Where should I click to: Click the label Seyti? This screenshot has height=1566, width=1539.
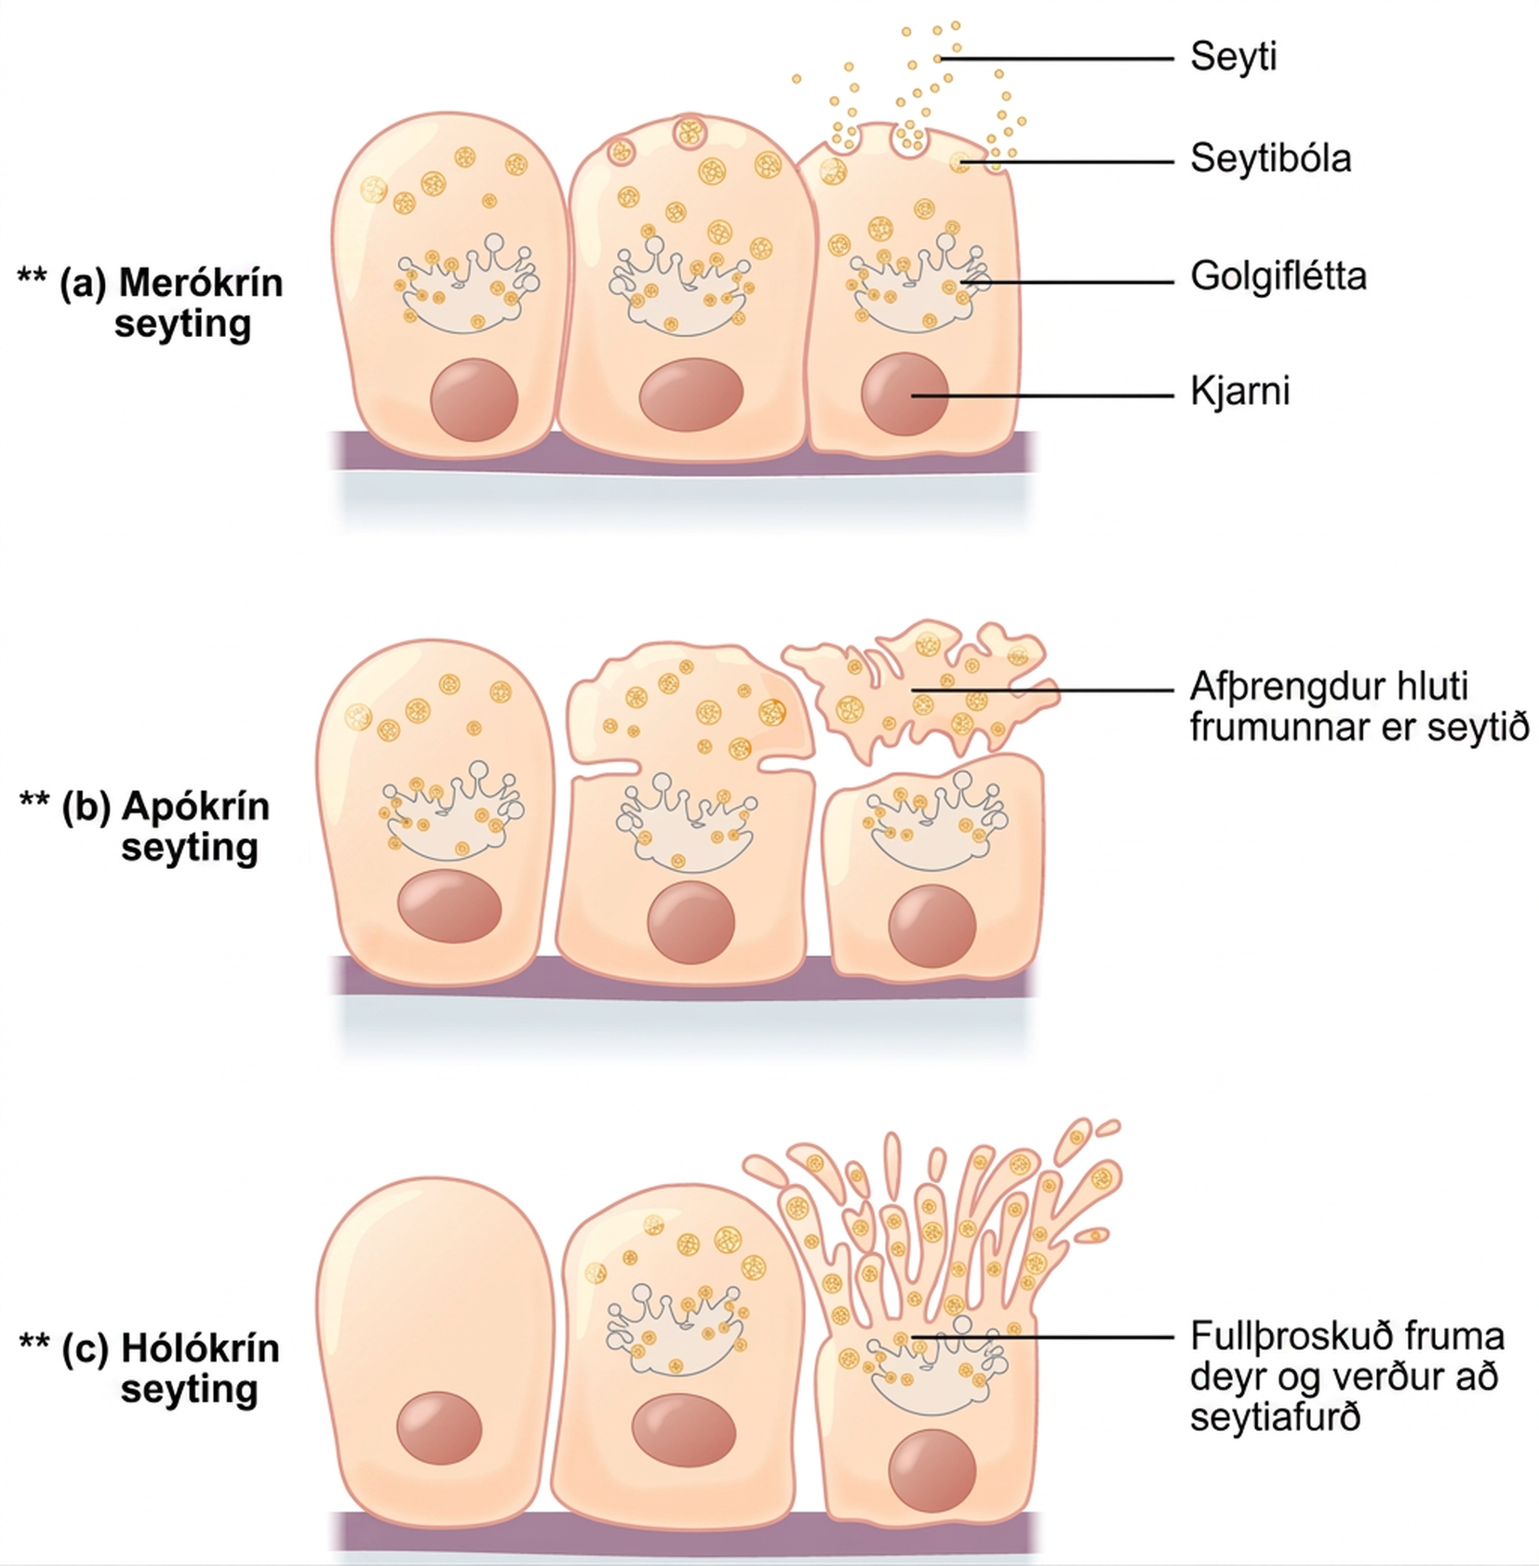pos(1233,57)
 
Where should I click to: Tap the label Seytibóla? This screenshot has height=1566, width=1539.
pos(1270,158)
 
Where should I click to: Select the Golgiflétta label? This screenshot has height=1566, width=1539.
pos(1278,276)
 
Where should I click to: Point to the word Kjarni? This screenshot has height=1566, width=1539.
pos(1239,392)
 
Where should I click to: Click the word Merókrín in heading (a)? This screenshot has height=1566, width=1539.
pos(200,282)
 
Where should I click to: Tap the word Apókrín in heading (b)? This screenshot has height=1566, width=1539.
pos(194,806)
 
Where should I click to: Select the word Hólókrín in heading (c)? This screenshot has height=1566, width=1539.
pos(200,1348)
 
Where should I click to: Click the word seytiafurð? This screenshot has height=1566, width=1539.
pos(1275,1418)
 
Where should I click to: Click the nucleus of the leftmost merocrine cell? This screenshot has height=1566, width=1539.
pos(474,399)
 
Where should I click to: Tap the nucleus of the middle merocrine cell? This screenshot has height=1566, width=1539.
pos(690,395)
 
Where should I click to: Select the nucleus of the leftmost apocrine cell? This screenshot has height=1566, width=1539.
pos(449,906)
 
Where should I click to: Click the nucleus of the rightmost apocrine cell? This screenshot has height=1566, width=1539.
pos(932,926)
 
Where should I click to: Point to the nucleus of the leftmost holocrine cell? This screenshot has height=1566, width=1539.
pos(439,1427)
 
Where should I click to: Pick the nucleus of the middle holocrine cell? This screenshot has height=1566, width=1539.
pos(684,1429)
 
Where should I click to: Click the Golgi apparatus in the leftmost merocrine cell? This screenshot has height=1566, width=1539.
pos(465,285)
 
